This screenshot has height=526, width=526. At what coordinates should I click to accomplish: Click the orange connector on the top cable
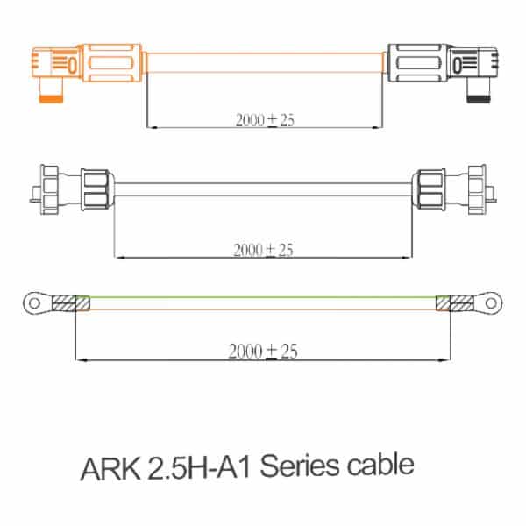(x=88, y=64)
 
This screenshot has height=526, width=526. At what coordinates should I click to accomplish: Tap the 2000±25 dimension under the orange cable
(x=264, y=120)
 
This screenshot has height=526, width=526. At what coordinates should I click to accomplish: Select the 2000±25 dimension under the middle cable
(x=263, y=250)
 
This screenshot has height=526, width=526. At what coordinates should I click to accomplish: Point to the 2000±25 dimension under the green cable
(x=263, y=352)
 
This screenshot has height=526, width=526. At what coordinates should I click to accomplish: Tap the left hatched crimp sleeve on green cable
(x=65, y=304)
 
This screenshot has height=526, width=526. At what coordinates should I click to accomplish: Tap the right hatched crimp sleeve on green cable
(x=461, y=304)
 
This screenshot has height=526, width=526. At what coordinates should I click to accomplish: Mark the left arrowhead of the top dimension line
(x=151, y=128)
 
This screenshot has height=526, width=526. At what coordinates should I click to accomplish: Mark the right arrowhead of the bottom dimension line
(x=446, y=359)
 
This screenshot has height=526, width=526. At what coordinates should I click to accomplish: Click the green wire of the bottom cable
(x=263, y=297)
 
